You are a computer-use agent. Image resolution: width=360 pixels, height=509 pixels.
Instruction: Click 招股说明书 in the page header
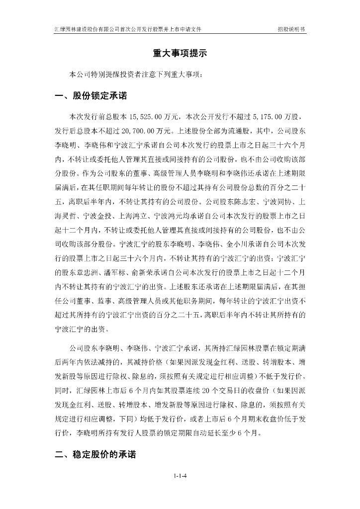tap(291, 29)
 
